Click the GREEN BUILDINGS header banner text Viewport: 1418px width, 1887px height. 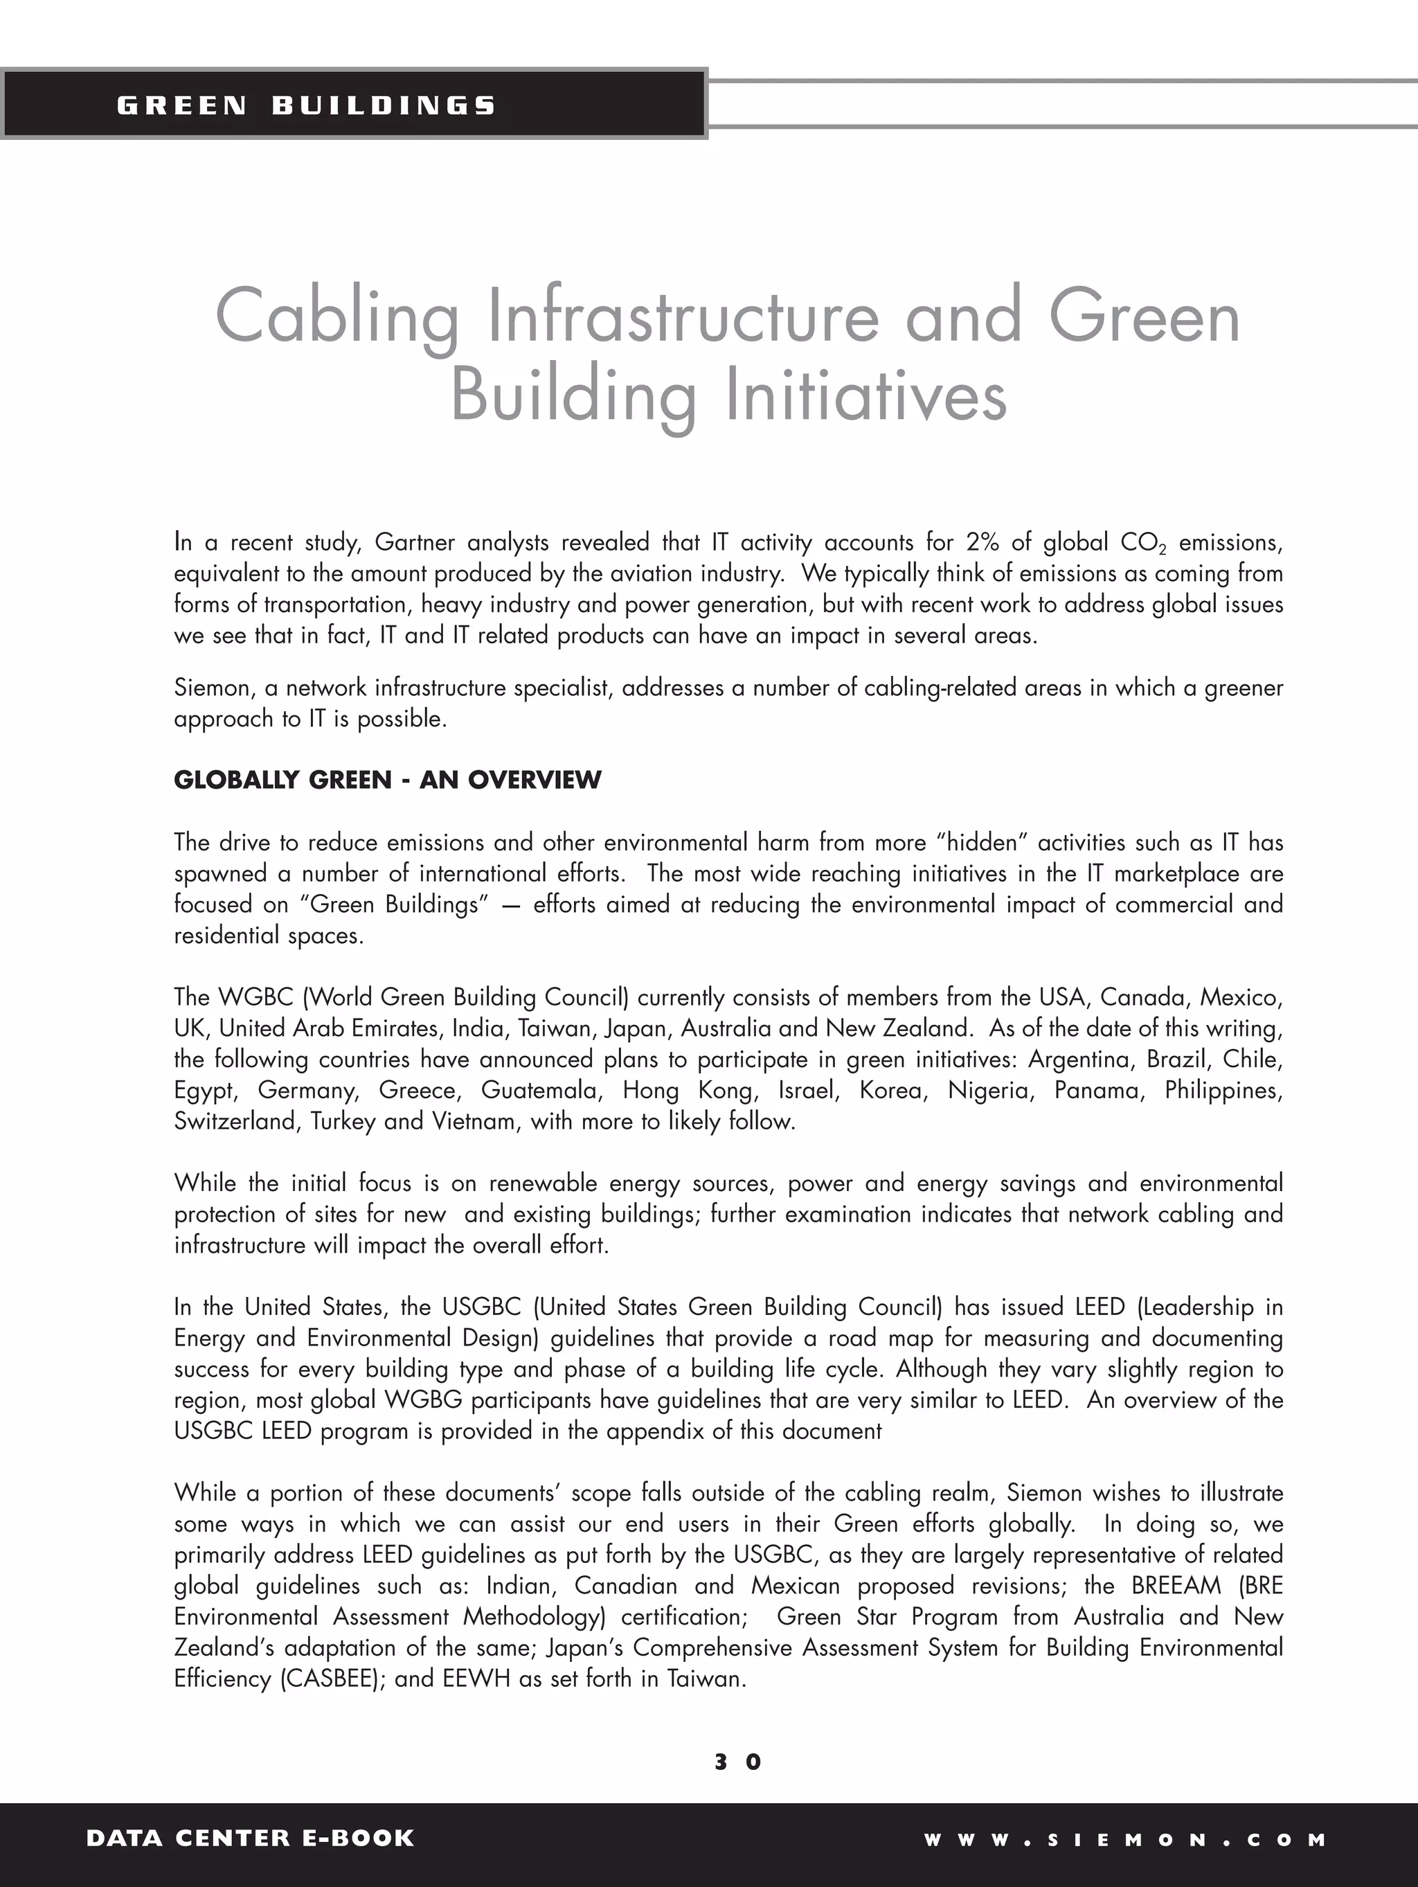305,106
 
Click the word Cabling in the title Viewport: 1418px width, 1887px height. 336,316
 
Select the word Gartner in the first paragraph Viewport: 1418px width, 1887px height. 415,542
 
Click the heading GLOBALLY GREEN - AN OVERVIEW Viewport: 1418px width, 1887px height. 387,780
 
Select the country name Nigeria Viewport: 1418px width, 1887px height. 989,1090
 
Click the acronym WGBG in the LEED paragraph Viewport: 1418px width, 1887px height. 423,1400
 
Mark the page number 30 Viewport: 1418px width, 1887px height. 738,1762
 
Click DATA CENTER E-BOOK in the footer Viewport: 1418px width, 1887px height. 250,1838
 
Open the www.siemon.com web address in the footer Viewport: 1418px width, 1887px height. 1125,1839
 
